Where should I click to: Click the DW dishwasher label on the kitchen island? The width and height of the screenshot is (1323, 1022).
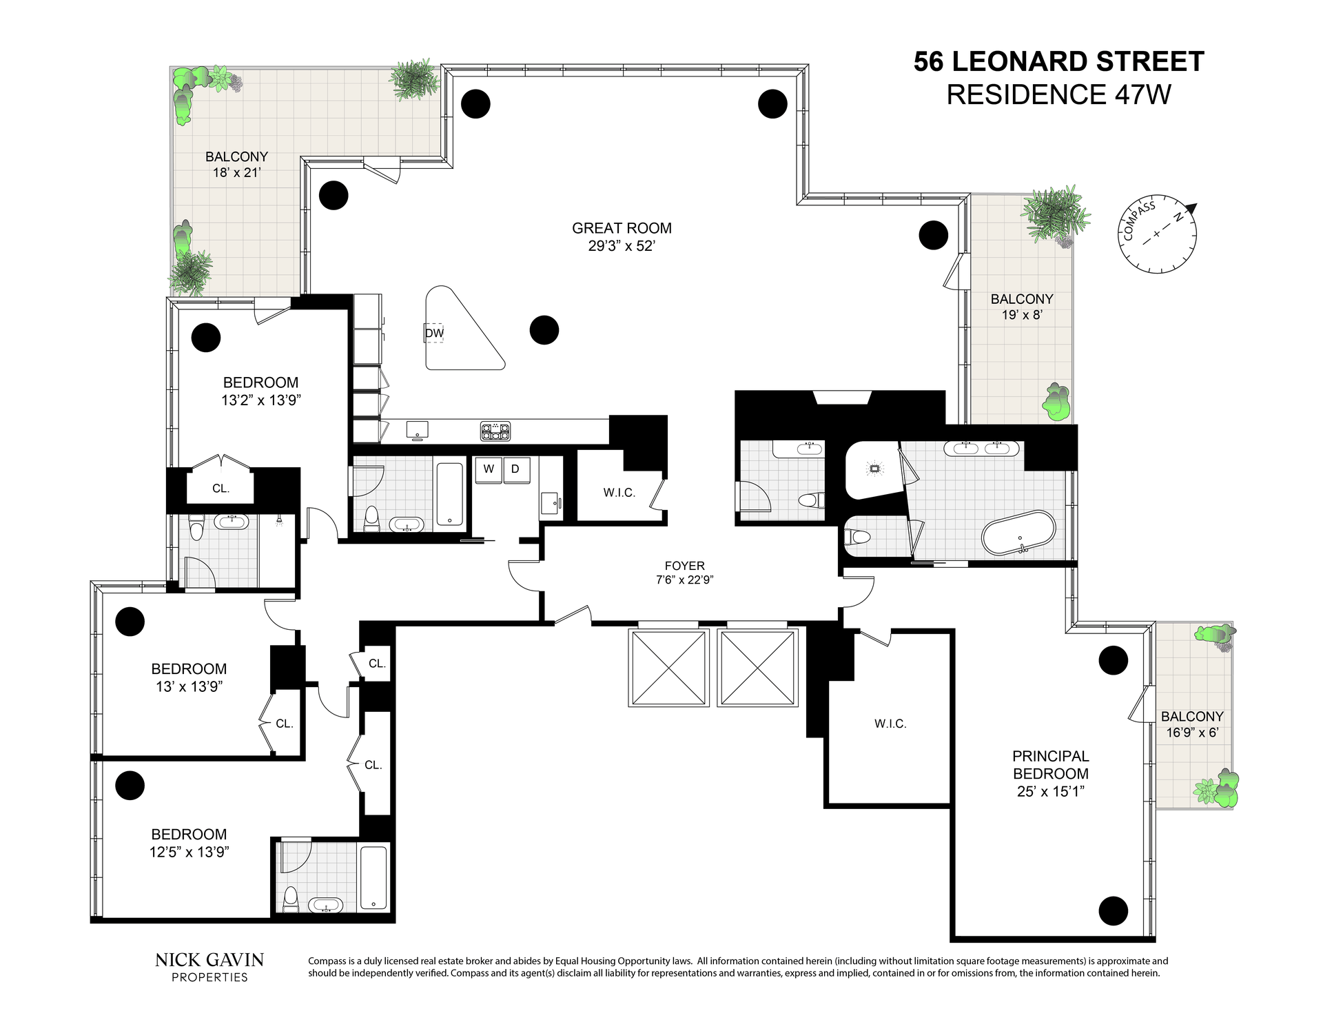point(434,334)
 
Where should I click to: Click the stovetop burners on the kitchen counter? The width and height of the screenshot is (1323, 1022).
point(495,431)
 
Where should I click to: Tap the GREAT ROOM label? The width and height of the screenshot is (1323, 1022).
point(622,228)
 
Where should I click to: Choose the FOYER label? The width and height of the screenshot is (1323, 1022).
point(684,566)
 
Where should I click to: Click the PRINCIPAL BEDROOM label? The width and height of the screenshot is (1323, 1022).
point(1051,765)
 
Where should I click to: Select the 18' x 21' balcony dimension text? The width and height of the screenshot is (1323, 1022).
point(236,172)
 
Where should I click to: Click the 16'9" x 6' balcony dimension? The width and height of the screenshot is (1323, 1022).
point(1192,733)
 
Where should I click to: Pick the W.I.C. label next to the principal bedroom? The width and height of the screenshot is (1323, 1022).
point(890,724)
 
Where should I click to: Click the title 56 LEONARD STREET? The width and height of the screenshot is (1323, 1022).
point(1058,62)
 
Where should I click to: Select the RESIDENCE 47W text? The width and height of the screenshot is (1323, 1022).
point(1058,94)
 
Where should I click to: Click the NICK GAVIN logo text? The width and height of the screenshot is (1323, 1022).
point(209,960)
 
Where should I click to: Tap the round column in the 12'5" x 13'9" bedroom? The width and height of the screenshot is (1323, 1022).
point(130,785)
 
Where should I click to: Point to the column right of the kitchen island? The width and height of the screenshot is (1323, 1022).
point(544,330)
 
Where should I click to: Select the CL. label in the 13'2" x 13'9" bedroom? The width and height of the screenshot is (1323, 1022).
point(220,489)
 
